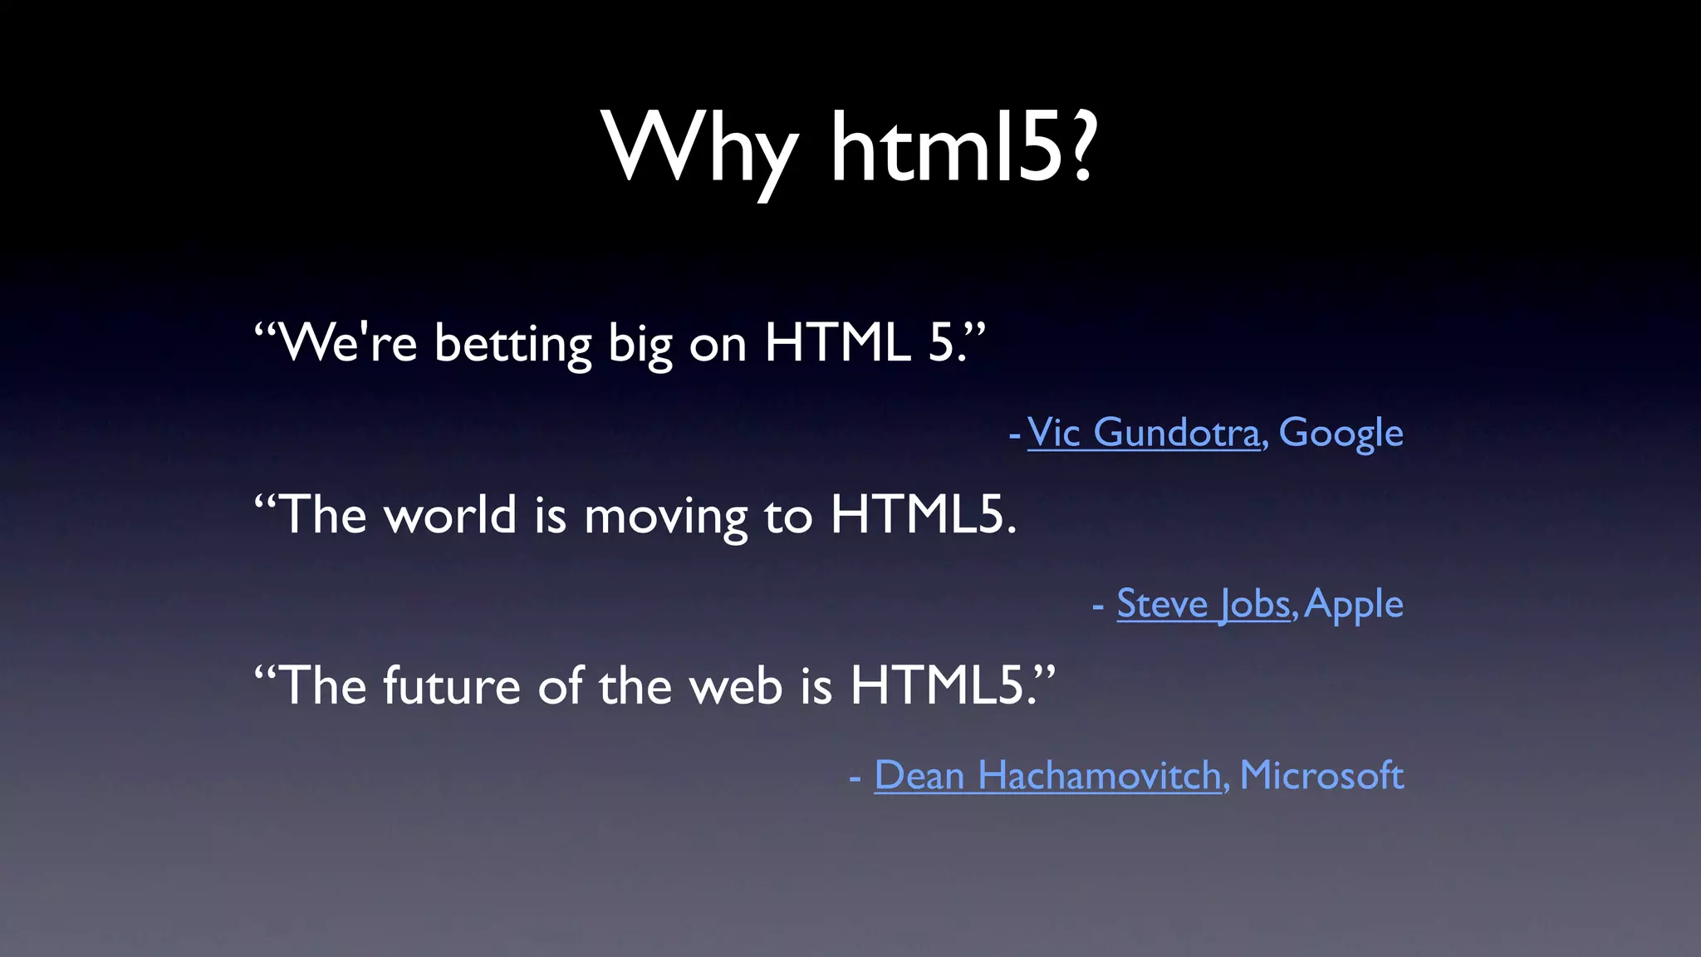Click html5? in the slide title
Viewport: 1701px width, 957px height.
click(x=963, y=150)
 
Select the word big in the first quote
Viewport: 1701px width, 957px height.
click(x=639, y=345)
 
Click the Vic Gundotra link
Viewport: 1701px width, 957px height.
click(x=1143, y=433)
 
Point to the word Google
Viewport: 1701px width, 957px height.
click(x=1341, y=433)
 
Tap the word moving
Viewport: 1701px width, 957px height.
click(x=665, y=517)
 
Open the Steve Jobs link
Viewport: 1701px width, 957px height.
click(x=1203, y=604)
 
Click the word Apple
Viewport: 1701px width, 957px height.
click(x=1354, y=605)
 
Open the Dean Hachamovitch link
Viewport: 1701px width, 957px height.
click(x=1047, y=776)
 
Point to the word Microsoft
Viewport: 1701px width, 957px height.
click(x=1321, y=776)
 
